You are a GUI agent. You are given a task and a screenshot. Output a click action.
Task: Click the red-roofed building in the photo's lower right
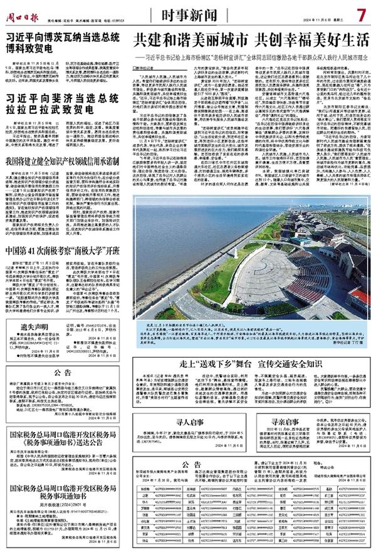(x=360, y=298)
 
